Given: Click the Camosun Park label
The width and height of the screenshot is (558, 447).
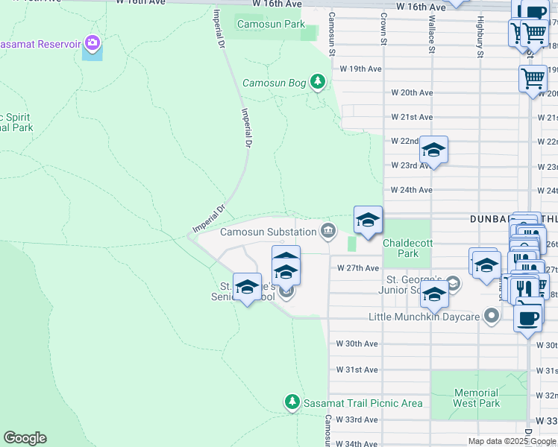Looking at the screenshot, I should (271, 25).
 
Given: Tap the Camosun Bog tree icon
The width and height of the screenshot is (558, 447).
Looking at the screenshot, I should (319, 81).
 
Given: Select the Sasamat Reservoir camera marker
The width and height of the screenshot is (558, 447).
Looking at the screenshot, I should (93, 43).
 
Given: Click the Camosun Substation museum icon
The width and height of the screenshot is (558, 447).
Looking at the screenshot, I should (327, 232).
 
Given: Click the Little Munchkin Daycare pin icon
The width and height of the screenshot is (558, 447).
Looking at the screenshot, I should (491, 317).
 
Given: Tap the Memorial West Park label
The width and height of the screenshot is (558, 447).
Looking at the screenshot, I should (476, 398).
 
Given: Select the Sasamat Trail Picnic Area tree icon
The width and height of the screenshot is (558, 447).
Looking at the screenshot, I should (292, 403).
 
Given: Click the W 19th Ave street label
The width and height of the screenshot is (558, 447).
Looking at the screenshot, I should (360, 69).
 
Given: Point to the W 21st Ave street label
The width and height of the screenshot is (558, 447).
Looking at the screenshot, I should (412, 117).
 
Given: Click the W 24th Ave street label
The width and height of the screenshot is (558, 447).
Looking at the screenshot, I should (411, 190).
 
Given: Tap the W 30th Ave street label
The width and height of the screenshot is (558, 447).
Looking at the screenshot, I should (357, 344).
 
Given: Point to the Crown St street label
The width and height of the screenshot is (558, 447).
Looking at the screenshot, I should (384, 28).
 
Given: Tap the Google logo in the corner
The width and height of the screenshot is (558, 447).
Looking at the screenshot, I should (25, 438).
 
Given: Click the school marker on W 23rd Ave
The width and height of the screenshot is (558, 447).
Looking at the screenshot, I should (433, 151).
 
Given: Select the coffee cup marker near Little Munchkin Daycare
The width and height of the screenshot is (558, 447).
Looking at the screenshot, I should (527, 317).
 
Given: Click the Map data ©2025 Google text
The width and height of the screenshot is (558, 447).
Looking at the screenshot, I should (512, 441).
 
